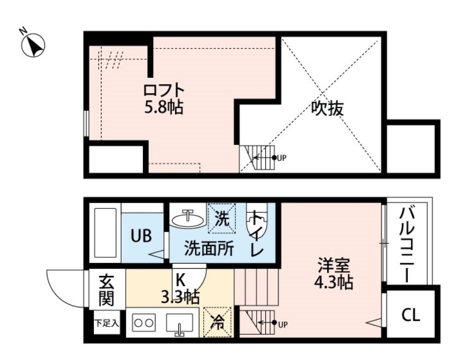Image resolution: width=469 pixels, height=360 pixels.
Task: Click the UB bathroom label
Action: [x=141, y=236]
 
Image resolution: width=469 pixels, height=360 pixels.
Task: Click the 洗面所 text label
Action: [x=209, y=249]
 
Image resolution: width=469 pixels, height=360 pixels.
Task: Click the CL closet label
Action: [x=411, y=315]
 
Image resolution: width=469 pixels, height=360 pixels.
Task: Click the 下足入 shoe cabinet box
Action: [x=106, y=323]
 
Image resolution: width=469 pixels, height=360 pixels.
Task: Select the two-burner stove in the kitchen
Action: [x=143, y=323]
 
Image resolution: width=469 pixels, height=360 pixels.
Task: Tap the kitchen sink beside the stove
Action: [x=179, y=323]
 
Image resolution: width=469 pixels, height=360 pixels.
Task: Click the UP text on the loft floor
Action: [x=281, y=158]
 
